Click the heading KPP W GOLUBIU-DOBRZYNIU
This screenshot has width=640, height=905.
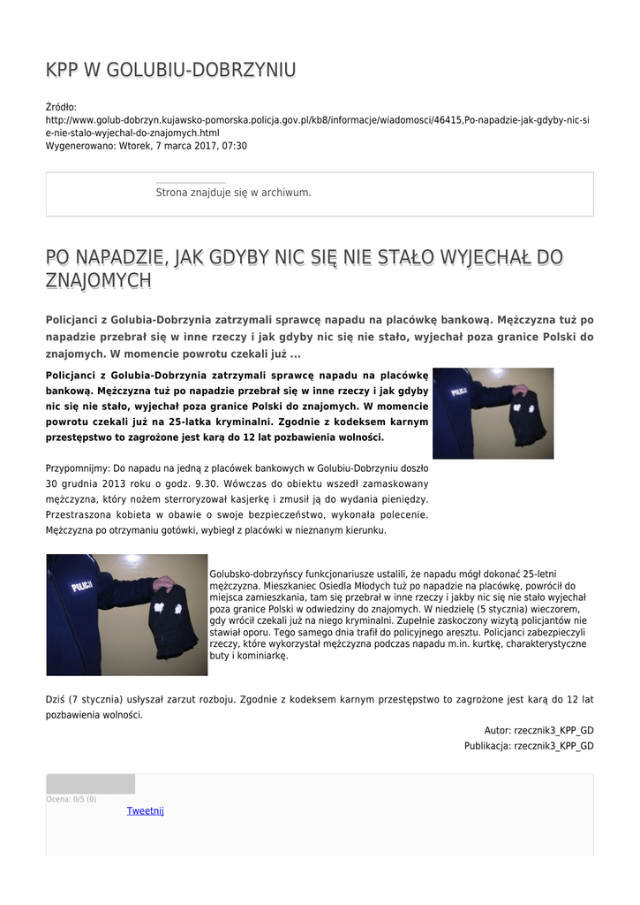point(170,71)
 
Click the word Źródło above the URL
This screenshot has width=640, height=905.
point(61,107)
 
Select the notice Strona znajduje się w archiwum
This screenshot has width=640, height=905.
point(233,193)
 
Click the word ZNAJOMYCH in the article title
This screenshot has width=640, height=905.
point(98,281)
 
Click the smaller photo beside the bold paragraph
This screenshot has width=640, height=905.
point(493,413)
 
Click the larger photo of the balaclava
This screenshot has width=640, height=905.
point(126,614)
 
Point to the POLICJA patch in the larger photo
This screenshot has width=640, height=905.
point(83,587)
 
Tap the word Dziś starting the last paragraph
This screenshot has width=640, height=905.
point(55,699)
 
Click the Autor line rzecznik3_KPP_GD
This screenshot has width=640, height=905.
point(538,731)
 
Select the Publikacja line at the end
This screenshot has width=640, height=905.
point(529,746)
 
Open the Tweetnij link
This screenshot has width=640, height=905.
point(145,811)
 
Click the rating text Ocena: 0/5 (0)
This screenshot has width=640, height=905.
point(72,799)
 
